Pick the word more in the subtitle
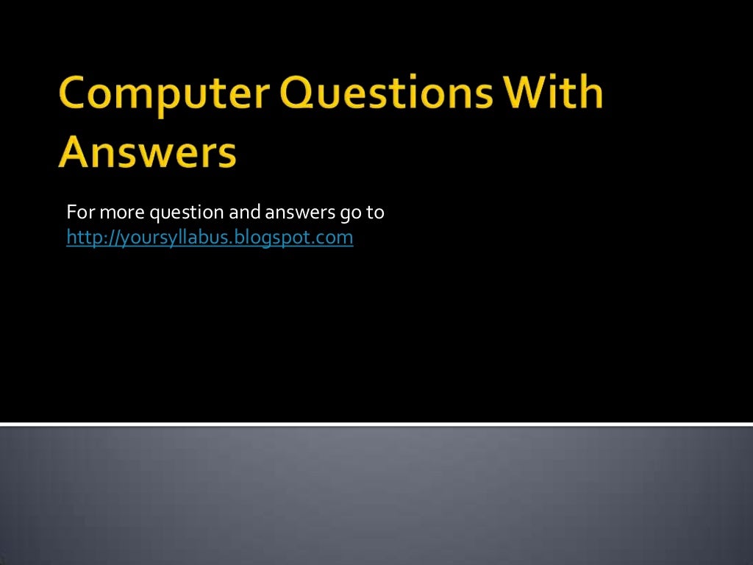(121, 213)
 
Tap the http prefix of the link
(79, 238)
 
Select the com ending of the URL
(337, 238)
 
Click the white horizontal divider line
(376, 424)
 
